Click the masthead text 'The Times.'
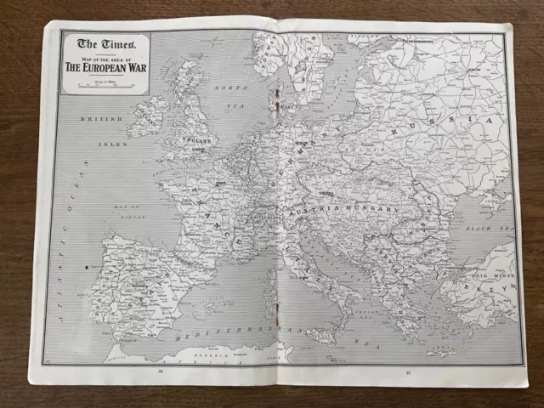[x=105, y=43]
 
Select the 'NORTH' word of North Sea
[x=230, y=88]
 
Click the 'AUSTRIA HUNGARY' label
[x=343, y=208]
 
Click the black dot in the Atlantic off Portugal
[x=86, y=268]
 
